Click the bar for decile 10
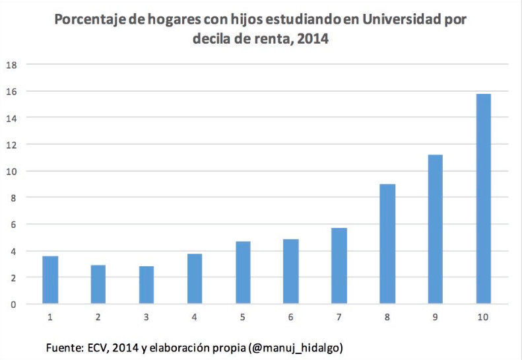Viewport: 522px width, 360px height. click(483, 199)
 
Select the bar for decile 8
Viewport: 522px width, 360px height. click(387, 244)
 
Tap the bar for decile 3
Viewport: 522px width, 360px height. click(146, 285)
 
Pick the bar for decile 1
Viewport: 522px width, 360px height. click(50, 279)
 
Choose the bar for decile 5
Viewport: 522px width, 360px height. click(243, 272)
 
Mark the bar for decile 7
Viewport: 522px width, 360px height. click(339, 266)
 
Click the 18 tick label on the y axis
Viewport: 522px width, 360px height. click(11, 65)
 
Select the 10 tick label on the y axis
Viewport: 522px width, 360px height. click(11, 171)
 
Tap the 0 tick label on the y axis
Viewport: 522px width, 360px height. click(13, 305)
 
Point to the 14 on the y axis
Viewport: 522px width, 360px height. click(11, 118)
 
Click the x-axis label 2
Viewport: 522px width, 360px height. click(98, 318)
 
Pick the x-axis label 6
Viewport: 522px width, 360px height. click(291, 318)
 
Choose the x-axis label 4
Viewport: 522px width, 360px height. click(195, 318)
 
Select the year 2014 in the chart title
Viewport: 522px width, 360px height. click(313, 39)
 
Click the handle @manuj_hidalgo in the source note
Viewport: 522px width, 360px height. click(299, 347)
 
